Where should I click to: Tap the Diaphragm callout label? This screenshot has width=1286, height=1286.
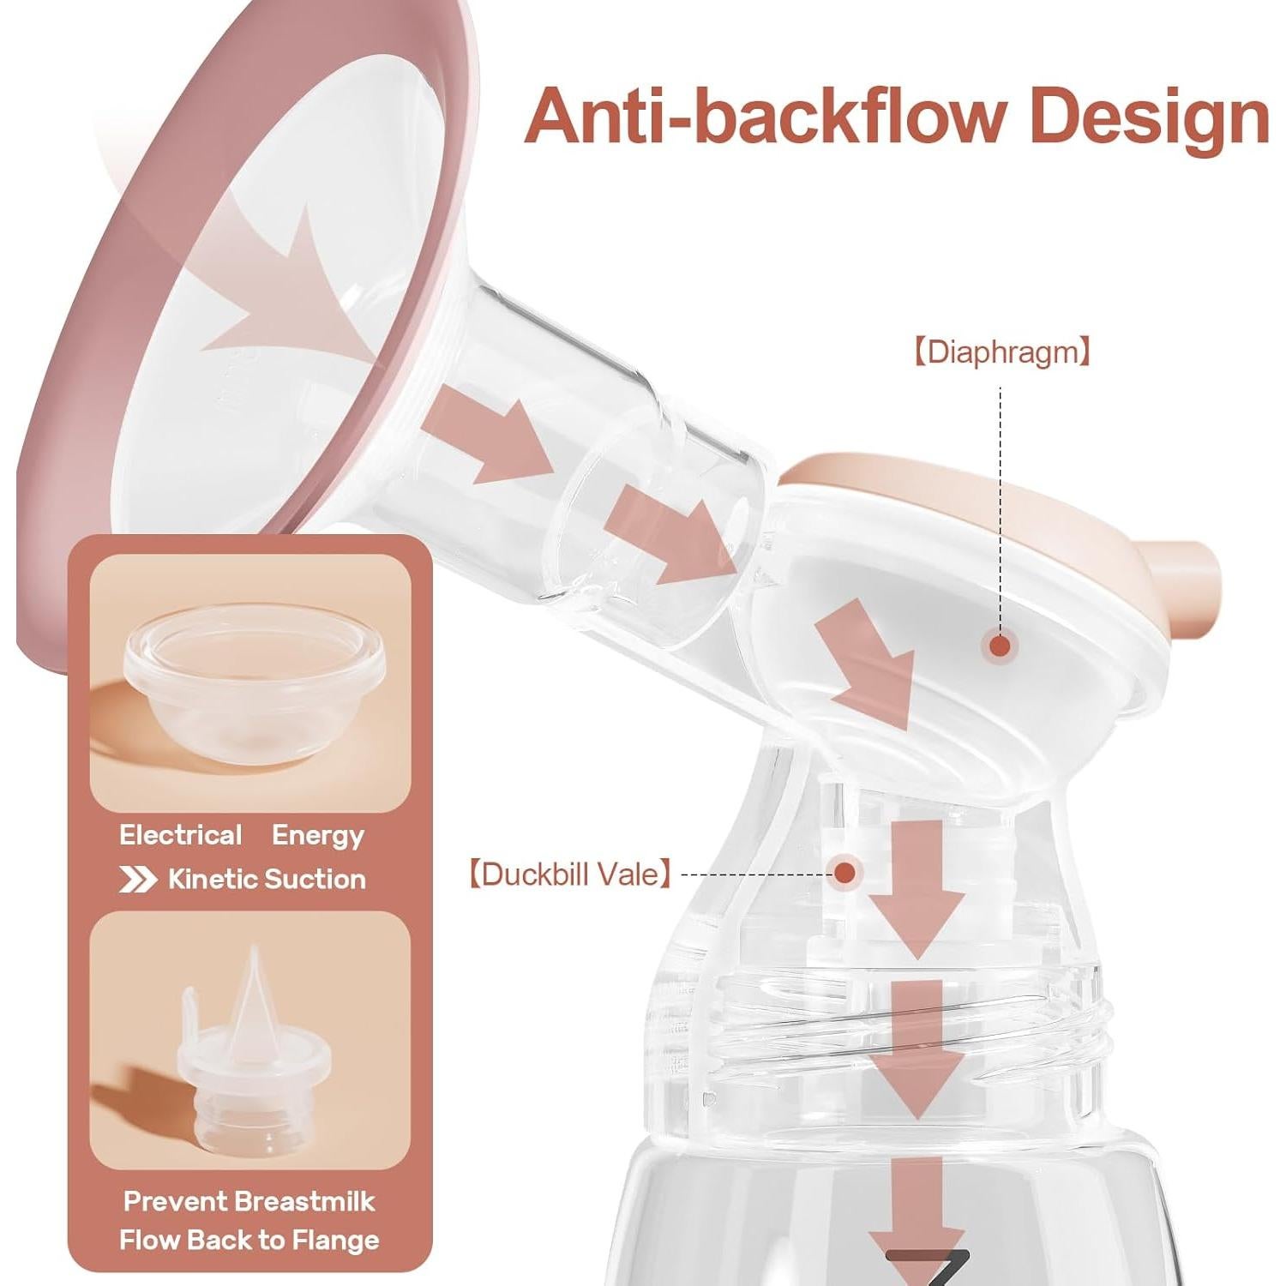pos(1001,352)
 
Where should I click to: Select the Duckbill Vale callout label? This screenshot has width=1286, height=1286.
pos(569,874)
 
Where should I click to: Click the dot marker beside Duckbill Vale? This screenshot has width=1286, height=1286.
pos(845,873)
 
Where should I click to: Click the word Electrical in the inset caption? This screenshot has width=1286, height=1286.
pos(181,835)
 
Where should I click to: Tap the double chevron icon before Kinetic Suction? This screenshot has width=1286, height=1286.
pos(137,880)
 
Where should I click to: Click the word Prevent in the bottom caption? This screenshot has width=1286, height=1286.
pos(173,1201)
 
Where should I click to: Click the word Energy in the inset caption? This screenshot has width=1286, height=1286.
pos(318,836)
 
